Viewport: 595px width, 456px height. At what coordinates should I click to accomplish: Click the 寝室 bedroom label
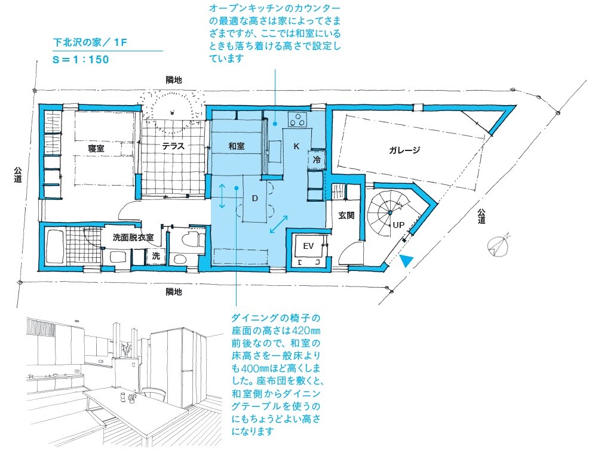(96, 148)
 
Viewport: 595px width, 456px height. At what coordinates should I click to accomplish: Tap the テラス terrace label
(173, 146)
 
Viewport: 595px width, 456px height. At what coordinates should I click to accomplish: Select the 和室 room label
(237, 146)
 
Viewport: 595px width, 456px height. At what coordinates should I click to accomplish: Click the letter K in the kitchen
(297, 146)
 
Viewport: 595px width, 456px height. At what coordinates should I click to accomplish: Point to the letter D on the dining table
(255, 198)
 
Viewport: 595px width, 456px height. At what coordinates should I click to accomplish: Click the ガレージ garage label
(404, 150)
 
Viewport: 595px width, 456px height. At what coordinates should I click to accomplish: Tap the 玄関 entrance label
(346, 215)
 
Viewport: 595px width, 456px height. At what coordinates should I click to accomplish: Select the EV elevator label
(308, 246)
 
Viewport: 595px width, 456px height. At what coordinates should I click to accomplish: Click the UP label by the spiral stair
(398, 225)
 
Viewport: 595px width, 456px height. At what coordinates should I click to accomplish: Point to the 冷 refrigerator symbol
(317, 159)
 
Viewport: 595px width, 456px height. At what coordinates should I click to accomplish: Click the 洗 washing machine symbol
(156, 256)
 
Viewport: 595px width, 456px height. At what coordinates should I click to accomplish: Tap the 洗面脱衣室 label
(133, 238)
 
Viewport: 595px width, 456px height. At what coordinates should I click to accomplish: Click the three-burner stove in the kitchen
(297, 119)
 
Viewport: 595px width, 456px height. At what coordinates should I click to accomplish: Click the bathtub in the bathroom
(54, 247)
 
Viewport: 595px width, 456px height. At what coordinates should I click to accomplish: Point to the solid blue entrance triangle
(406, 260)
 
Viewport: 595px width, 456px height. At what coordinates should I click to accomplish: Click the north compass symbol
(499, 245)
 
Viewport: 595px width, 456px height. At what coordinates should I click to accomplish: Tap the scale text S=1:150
(81, 60)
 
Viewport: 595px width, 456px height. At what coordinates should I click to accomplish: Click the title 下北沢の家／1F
(90, 42)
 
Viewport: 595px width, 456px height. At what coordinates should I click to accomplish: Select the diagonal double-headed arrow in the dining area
(278, 224)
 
